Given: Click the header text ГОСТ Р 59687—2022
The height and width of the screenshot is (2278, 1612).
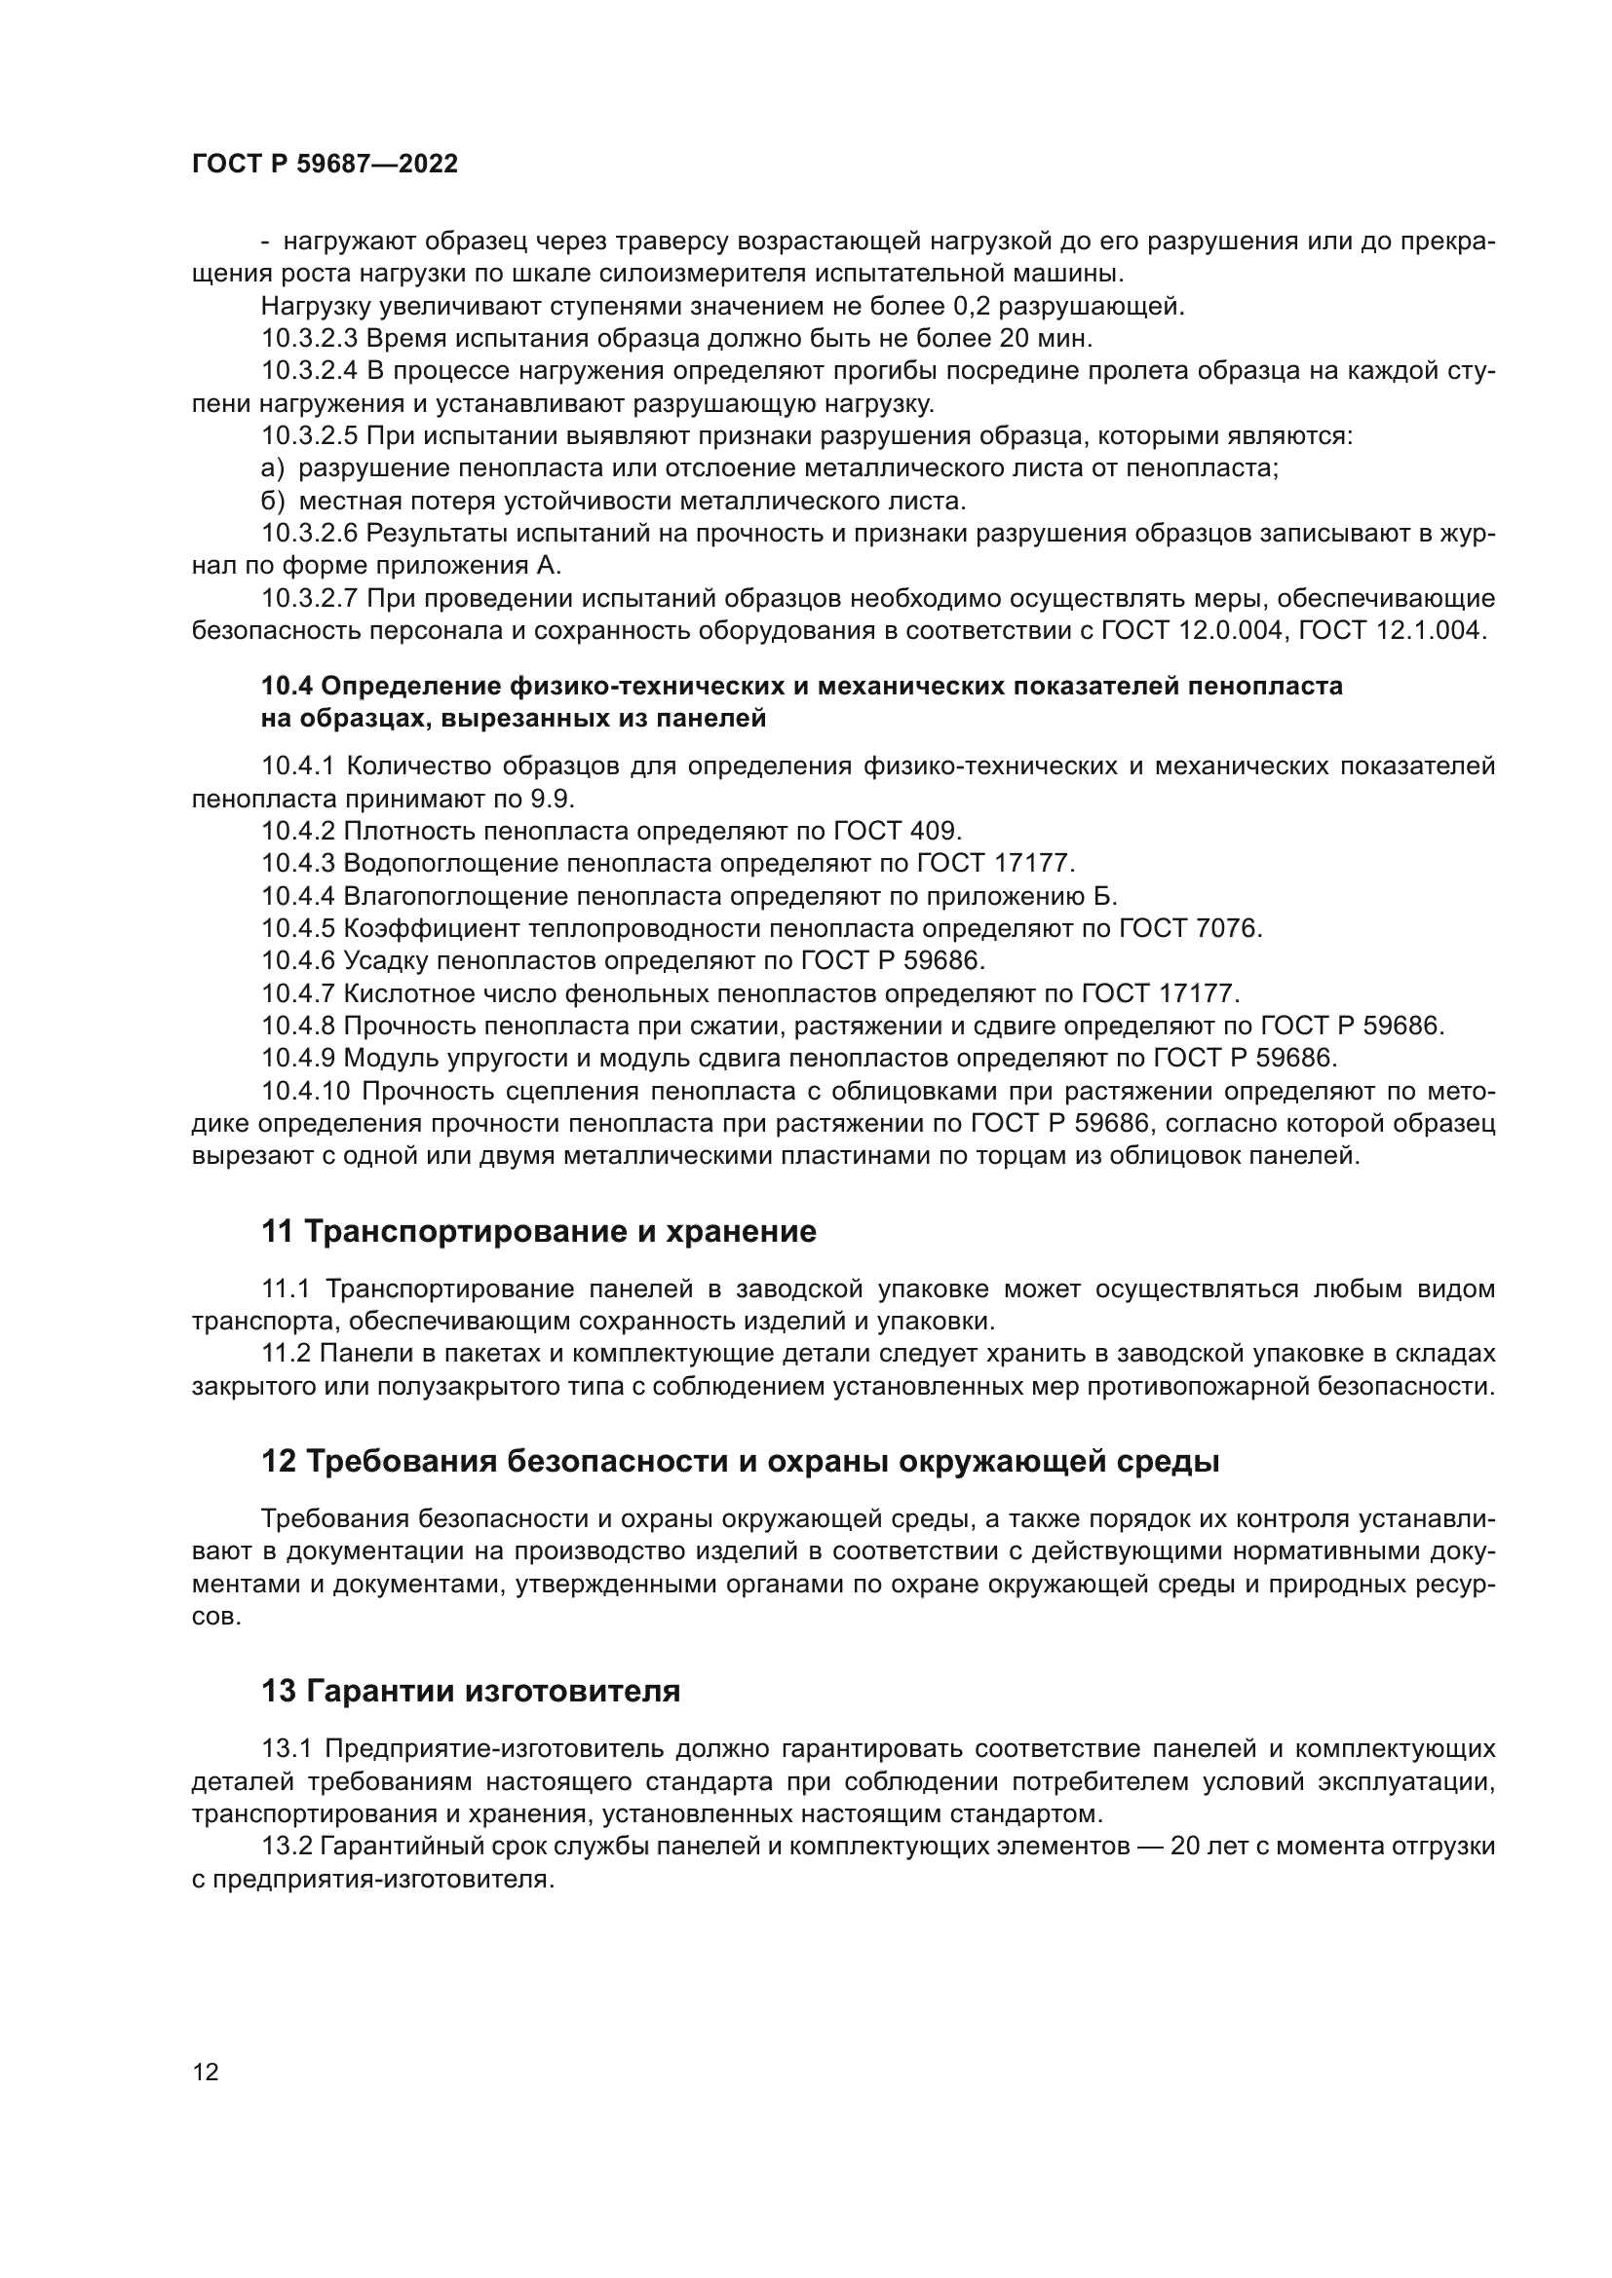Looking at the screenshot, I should (325, 165).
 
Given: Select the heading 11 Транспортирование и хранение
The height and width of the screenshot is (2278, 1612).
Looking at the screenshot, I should (538, 1231).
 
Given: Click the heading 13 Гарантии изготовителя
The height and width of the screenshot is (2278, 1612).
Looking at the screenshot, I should (471, 1691).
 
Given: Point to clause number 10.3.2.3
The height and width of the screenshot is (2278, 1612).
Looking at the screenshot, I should (310, 338).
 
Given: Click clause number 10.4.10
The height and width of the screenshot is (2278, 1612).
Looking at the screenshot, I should (306, 1092).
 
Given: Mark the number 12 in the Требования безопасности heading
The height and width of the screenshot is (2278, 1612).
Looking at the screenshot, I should (278, 1462).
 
